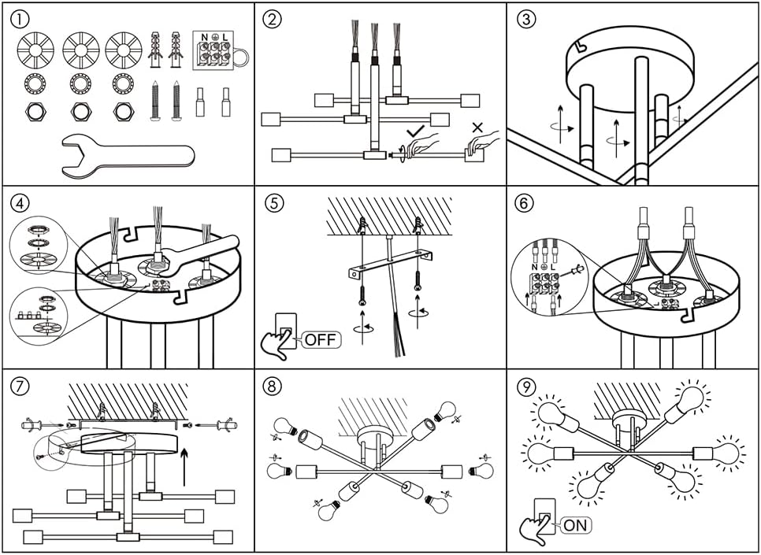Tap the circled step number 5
click(x=273, y=203)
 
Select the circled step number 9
click(x=525, y=387)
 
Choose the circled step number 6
click(x=525, y=203)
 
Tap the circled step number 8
click(x=273, y=387)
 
